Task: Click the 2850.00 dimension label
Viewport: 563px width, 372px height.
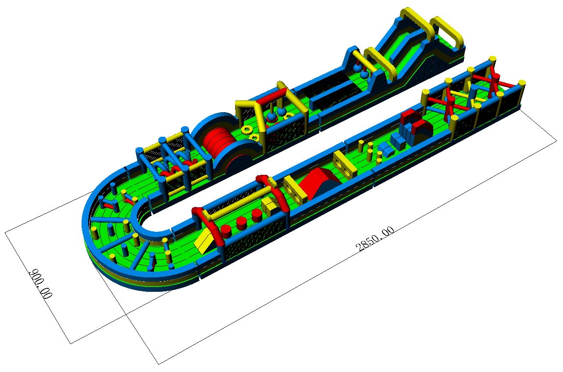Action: [x=375, y=239]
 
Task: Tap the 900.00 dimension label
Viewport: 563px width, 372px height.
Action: [x=40, y=284]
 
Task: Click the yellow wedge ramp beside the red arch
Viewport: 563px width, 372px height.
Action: [x=204, y=241]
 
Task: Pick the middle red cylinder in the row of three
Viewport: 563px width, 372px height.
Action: [x=242, y=223]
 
